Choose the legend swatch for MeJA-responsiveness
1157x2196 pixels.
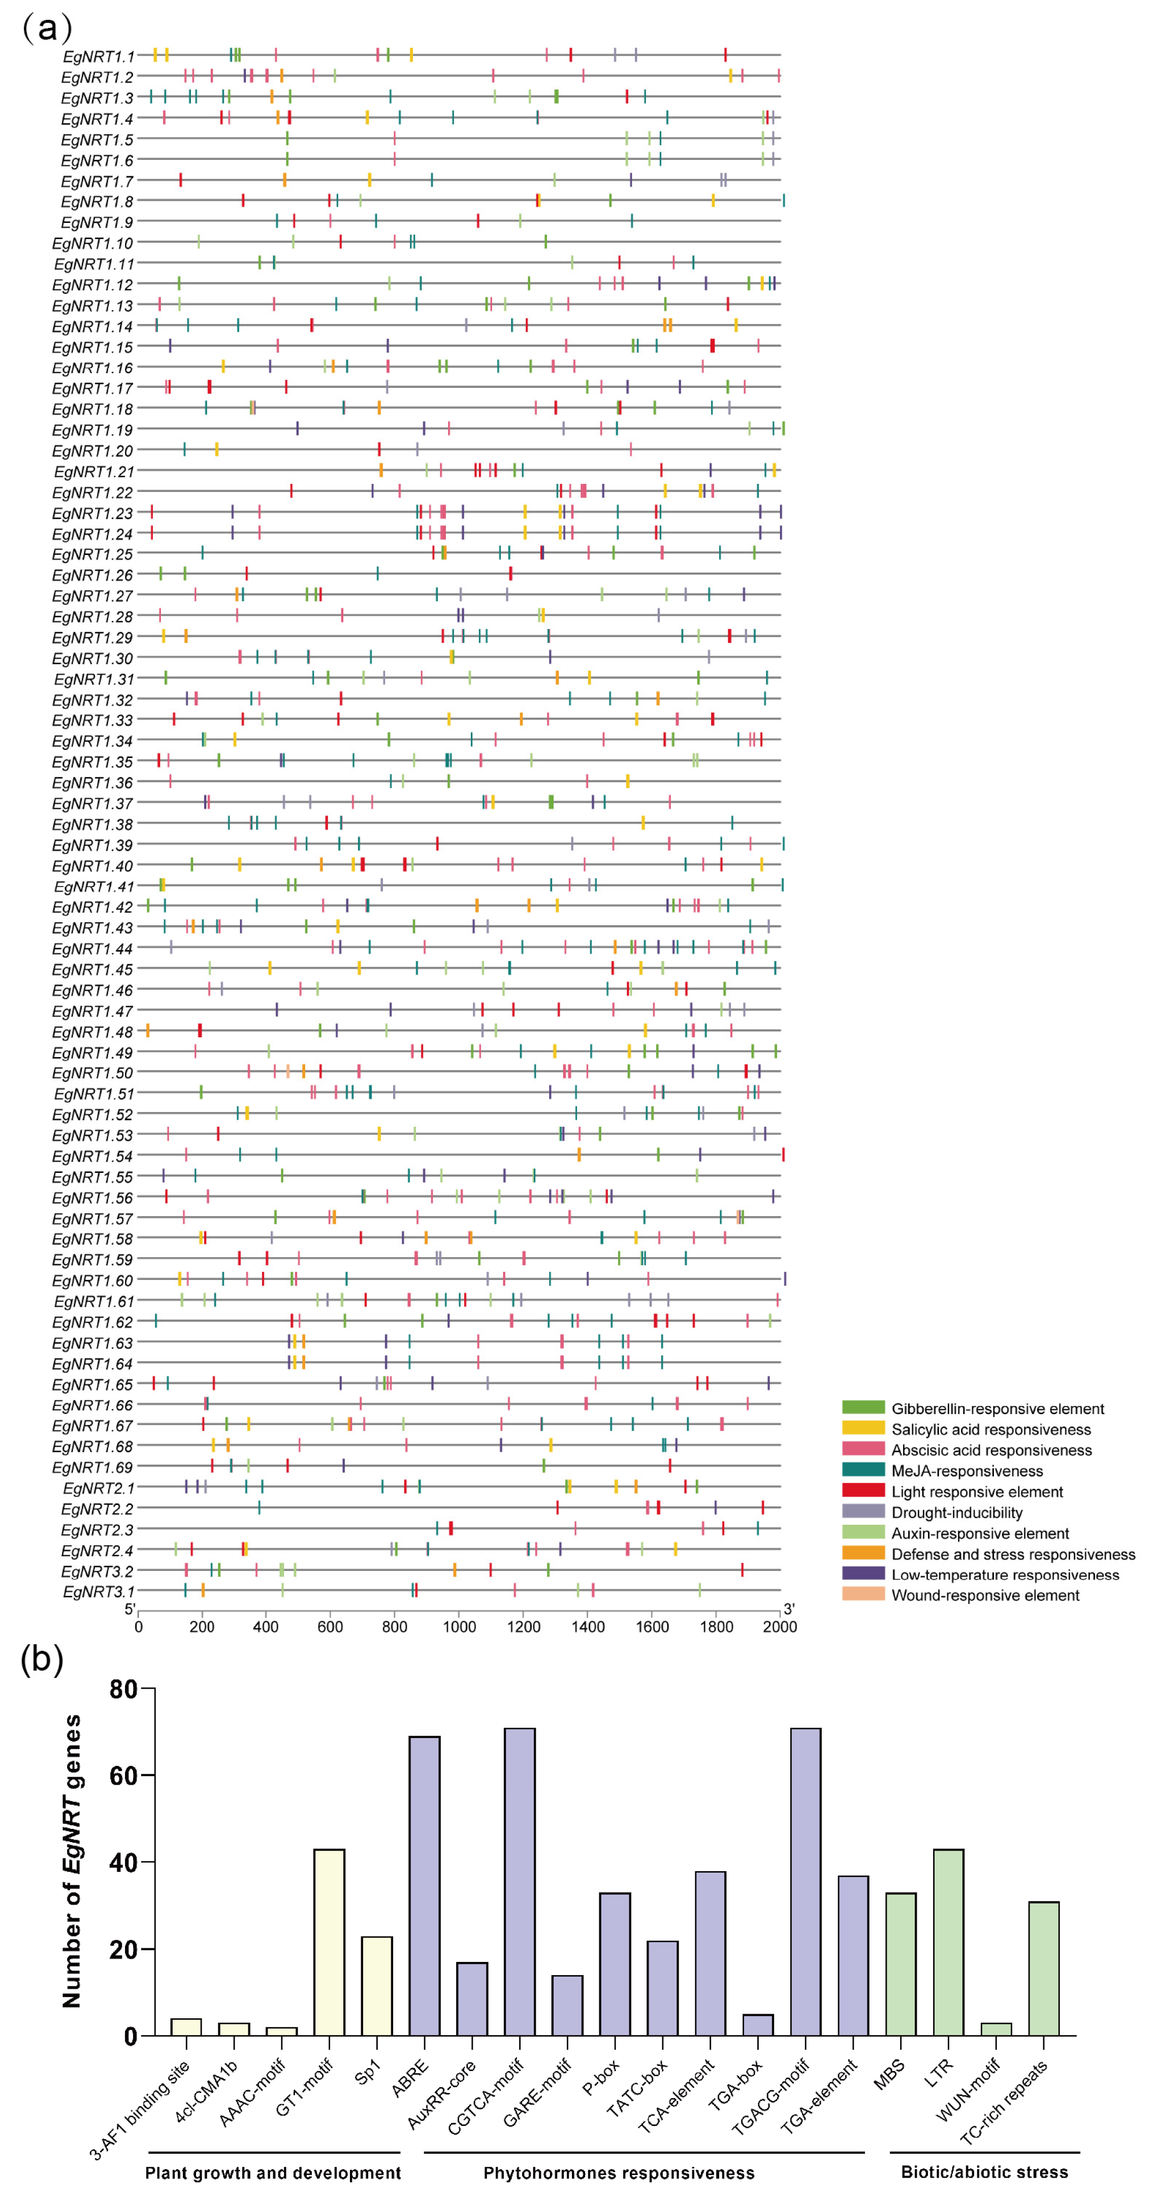click(x=863, y=1470)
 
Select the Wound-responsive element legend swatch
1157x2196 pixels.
click(x=863, y=1594)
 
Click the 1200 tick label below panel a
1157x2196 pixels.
click(x=524, y=1626)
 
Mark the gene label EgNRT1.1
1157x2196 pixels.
click(x=99, y=57)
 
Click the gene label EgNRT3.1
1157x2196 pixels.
click(x=99, y=1592)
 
